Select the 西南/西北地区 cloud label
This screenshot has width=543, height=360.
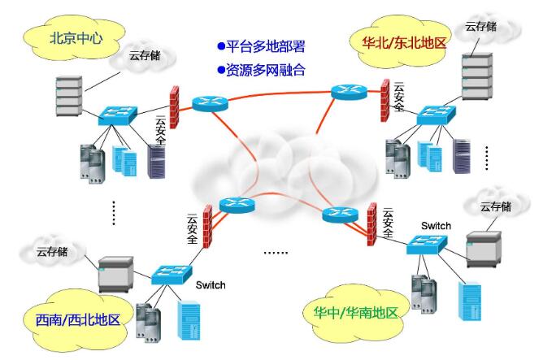pyautogui.click(x=72, y=319)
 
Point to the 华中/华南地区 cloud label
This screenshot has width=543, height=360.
pyautogui.click(x=356, y=312)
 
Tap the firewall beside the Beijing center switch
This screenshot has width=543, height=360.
pyautogui.click(x=173, y=106)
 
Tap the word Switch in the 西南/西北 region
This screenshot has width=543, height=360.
pyautogui.click(x=210, y=285)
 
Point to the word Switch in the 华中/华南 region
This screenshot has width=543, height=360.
pyautogui.click(x=437, y=225)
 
